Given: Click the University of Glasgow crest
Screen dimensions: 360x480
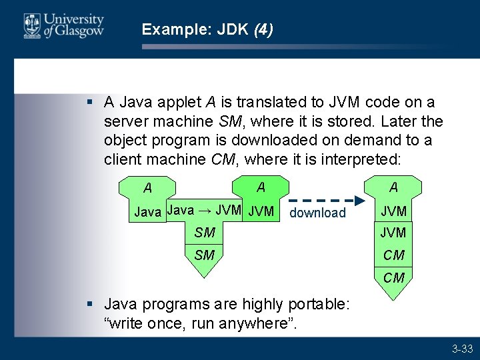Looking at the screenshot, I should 31,26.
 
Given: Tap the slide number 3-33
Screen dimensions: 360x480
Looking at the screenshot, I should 462,349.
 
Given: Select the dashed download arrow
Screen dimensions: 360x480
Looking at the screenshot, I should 327,200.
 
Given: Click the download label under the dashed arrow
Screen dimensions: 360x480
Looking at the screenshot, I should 317,213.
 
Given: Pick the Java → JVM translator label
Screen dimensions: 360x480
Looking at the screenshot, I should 204,210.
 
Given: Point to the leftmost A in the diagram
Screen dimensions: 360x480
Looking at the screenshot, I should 147,189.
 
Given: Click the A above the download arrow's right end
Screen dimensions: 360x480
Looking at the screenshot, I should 394,187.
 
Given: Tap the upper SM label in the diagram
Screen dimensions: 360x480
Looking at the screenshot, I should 204,233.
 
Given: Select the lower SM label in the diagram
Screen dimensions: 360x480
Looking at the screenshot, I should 204,255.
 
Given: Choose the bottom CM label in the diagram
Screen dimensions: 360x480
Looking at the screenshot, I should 394,277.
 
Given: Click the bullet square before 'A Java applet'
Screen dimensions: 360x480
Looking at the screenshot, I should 89,103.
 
